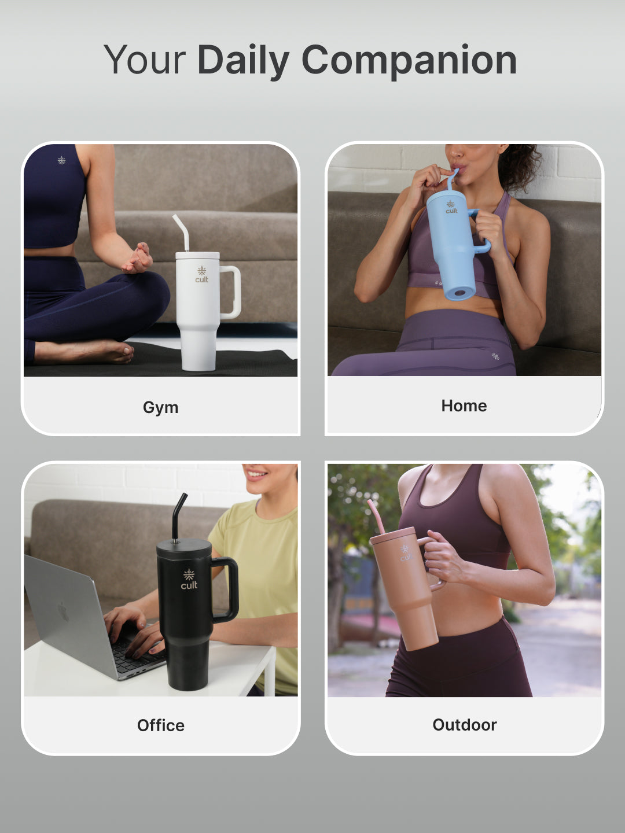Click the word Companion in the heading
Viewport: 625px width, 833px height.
click(409, 60)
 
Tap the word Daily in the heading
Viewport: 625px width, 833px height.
click(243, 61)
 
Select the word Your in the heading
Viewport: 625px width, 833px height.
click(144, 60)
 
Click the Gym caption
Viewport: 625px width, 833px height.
click(160, 408)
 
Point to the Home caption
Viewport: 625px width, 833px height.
click(464, 406)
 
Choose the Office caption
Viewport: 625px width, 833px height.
click(161, 725)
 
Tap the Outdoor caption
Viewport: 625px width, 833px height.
click(465, 725)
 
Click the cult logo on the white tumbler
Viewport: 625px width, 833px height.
click(201, 274)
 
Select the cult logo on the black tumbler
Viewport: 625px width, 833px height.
click(189, 580)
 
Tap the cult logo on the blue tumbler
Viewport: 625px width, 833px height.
click(451, 207)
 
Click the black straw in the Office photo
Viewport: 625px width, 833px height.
click(178, 516)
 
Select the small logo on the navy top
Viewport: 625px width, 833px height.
click(61, 160)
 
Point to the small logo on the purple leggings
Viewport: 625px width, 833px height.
click(495, 356)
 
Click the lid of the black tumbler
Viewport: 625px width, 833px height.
click(184, 549)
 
